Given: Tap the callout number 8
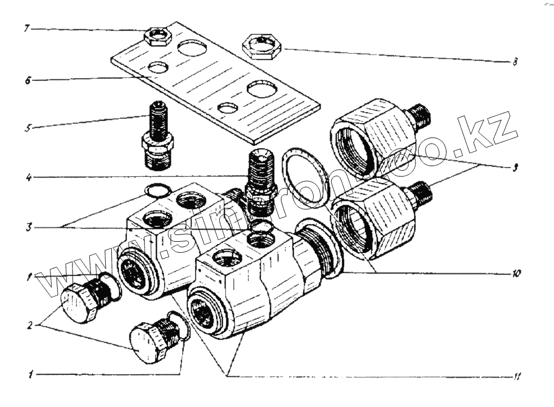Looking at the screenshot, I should (x=515, y=62).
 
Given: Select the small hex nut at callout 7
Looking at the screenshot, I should (x=159, y=38).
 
